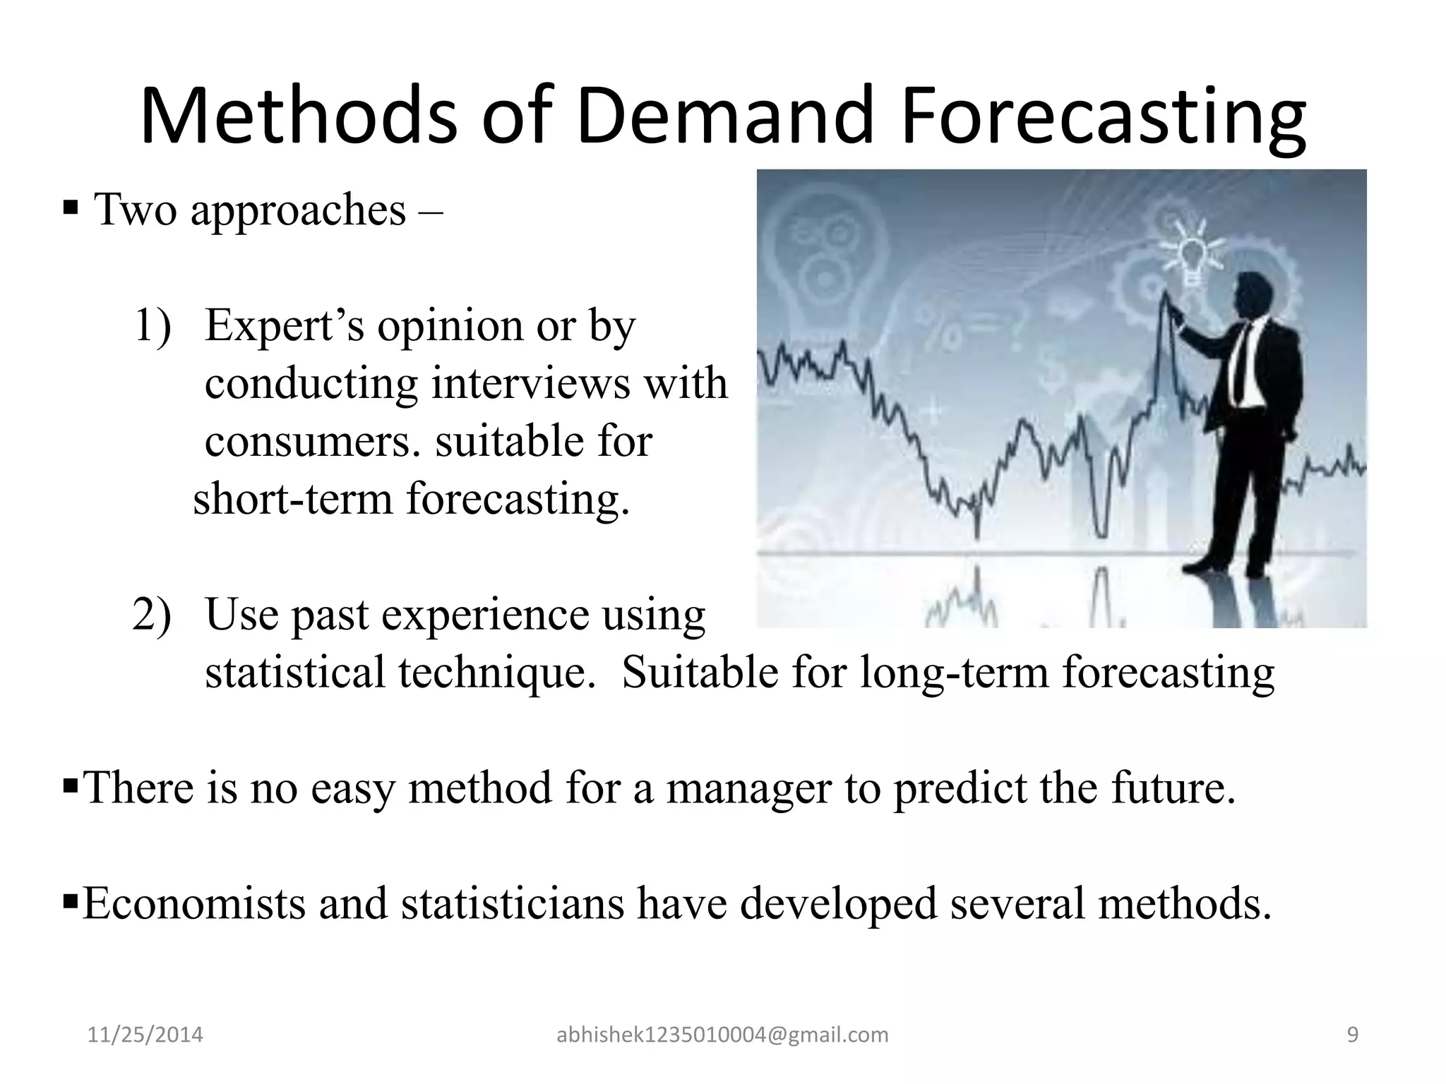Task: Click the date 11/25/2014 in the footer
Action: pyautogui.click(x=145, y=1035)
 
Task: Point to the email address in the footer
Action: pyautogui.click(x=722, y=1035)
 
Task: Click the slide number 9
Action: pyautogui.click(x=1353, y=1035)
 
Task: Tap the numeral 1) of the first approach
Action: pyautogui.click(x=153, y=326)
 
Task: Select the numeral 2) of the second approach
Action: pyautogui.click(x=153, y=614)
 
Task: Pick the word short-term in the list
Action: pyautogui.click(x=292, y=499)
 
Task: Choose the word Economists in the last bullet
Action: pyautogui.click(x=194, y=903)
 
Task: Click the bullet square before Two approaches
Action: pyautogui.click(x=70, y=208)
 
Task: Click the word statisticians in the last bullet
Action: pyautogui.click(x=513, y=903)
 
